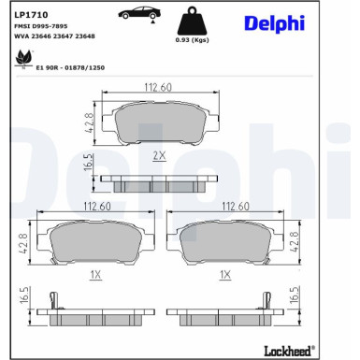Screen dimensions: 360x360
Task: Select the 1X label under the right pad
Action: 223,276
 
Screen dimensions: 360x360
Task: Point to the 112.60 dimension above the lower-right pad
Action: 234,207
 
